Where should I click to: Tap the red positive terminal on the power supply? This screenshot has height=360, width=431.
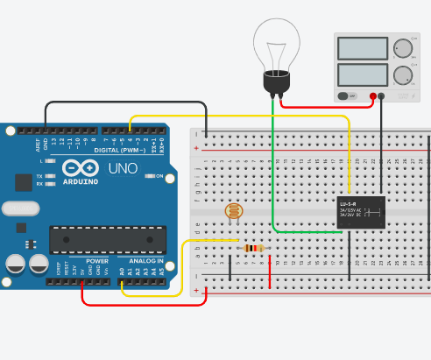click(x=373, y=95)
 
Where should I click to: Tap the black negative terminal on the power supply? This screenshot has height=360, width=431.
click(x=382, y=95)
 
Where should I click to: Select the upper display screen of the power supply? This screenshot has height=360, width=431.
click(x=362, y=47)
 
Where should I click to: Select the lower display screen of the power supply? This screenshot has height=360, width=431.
click(x=362, y=75)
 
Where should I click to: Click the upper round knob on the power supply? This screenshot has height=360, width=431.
click(x=404, y=47)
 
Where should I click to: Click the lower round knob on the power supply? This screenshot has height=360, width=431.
click(x=404, y=75)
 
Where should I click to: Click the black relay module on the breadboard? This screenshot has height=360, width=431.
click(x=361, y=212)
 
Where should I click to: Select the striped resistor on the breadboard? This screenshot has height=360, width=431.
click(x=254, y=249)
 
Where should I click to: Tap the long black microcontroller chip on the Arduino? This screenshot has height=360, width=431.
click(x=107, y=239)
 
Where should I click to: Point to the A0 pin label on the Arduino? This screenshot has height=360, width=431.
click(x=122, y=272)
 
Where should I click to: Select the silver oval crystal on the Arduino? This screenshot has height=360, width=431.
click(x=20, y=208)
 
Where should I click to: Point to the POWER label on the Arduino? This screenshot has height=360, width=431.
click(x=97, y=261)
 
